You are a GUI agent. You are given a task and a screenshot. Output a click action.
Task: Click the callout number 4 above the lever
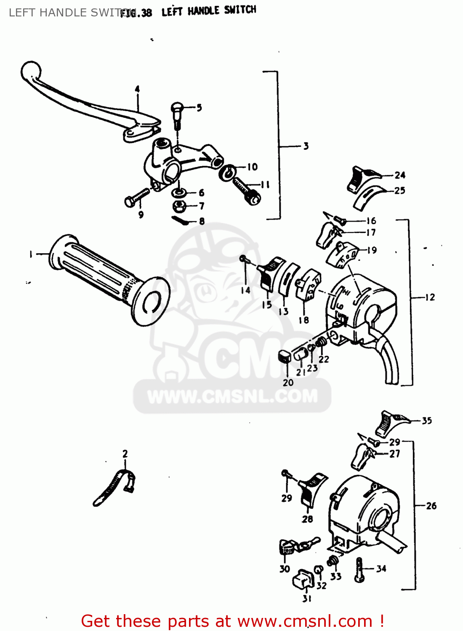click(137, 89)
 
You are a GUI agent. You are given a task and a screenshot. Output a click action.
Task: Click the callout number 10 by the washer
click(252, 167)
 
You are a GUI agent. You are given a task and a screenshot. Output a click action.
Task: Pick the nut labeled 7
click(180, 206)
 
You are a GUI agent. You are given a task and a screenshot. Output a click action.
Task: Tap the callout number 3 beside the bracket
click(306, 146)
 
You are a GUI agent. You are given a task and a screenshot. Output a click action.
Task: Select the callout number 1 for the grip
click(31, 254)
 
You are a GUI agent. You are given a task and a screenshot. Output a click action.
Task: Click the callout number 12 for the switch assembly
click(430, 297)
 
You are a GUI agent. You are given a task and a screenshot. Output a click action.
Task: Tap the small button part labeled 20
click(285, 357)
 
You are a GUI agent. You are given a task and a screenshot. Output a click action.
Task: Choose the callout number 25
click(399, 191)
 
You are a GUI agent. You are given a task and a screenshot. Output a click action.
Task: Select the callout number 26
click(431, 506)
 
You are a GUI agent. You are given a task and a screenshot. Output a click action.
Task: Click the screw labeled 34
click(359, 570)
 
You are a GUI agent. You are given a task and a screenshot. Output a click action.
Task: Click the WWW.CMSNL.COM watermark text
click(232, 396)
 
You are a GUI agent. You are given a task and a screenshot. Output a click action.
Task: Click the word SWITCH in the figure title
click(240, 10)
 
